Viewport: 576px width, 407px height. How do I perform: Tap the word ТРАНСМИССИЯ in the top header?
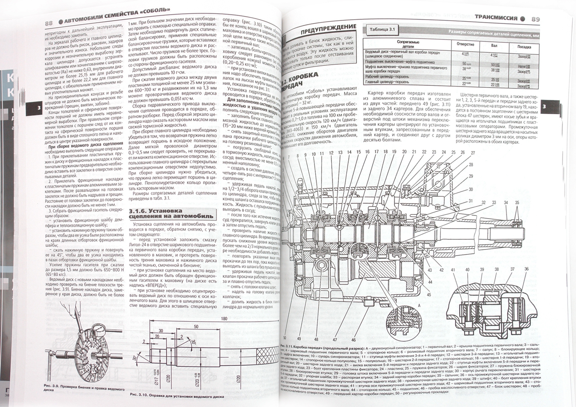click(x=494, y=17)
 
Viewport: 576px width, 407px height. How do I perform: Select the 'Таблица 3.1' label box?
click(x=382, y=29)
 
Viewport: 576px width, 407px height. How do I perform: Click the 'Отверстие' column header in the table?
click(x=465, y=44)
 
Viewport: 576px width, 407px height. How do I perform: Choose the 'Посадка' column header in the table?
click(x=524, y=47)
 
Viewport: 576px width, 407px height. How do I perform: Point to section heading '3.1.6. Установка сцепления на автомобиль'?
click(x=171, y=213)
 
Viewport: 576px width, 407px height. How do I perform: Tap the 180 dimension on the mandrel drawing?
click(x=224, y=319)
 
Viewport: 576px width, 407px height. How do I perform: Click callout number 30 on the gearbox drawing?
click(x=471, y=190)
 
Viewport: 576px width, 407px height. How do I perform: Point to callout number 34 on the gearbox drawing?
click(x=506, y=203)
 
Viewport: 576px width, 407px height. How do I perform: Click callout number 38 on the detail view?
click(x=497, y=269)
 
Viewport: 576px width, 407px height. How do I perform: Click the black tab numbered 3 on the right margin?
click(x=544, y=107)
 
